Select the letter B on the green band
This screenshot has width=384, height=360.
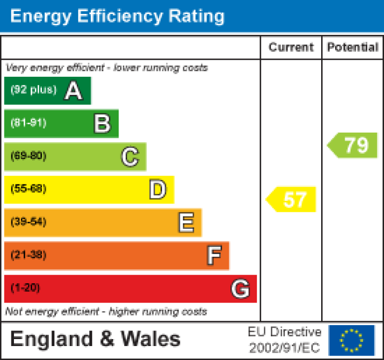[102, 124]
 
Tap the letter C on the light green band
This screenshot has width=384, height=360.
[130, 157]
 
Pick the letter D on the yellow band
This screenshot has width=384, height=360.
[158, 190]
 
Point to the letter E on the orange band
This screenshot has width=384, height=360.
[186, 223]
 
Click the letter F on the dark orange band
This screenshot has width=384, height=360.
[214, 256]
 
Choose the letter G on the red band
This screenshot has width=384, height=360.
[240, 289]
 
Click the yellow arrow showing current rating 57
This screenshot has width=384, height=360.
[292, 199]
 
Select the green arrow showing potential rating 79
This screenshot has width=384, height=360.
[354, 145]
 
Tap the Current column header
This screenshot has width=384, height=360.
[291, 47]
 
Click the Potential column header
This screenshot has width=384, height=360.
[353, 47]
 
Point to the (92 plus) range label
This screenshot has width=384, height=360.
[33, 90]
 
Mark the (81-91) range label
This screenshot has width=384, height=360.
[28, 123]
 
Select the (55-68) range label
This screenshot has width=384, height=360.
[28, 189]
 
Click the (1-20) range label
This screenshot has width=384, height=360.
[25, 288]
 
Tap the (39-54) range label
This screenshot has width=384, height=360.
[28, 222]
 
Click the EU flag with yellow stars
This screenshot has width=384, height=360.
[351, 340]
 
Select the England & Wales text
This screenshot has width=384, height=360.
[95, 340]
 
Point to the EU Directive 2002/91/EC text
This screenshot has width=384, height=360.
[285, 340]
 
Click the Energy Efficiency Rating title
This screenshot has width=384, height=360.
[117, 16]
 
